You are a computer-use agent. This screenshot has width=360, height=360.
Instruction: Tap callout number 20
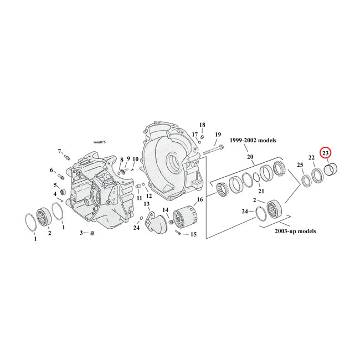tap(250, 157)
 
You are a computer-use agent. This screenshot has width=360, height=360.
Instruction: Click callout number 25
tap(300, 166)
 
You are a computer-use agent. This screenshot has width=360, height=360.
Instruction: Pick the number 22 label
tap(312, 158)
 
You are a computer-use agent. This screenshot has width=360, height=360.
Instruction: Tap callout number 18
tap(202, 125)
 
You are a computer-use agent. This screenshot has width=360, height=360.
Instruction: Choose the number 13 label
tap(147, 204)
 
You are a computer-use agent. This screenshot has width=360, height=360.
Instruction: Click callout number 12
tap(148, 196)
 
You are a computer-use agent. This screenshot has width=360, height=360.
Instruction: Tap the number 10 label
tap(135, 160)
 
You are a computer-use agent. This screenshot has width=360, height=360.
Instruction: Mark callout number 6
tap(53, 170)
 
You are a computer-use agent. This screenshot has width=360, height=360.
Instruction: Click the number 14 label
tap(166, 210)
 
